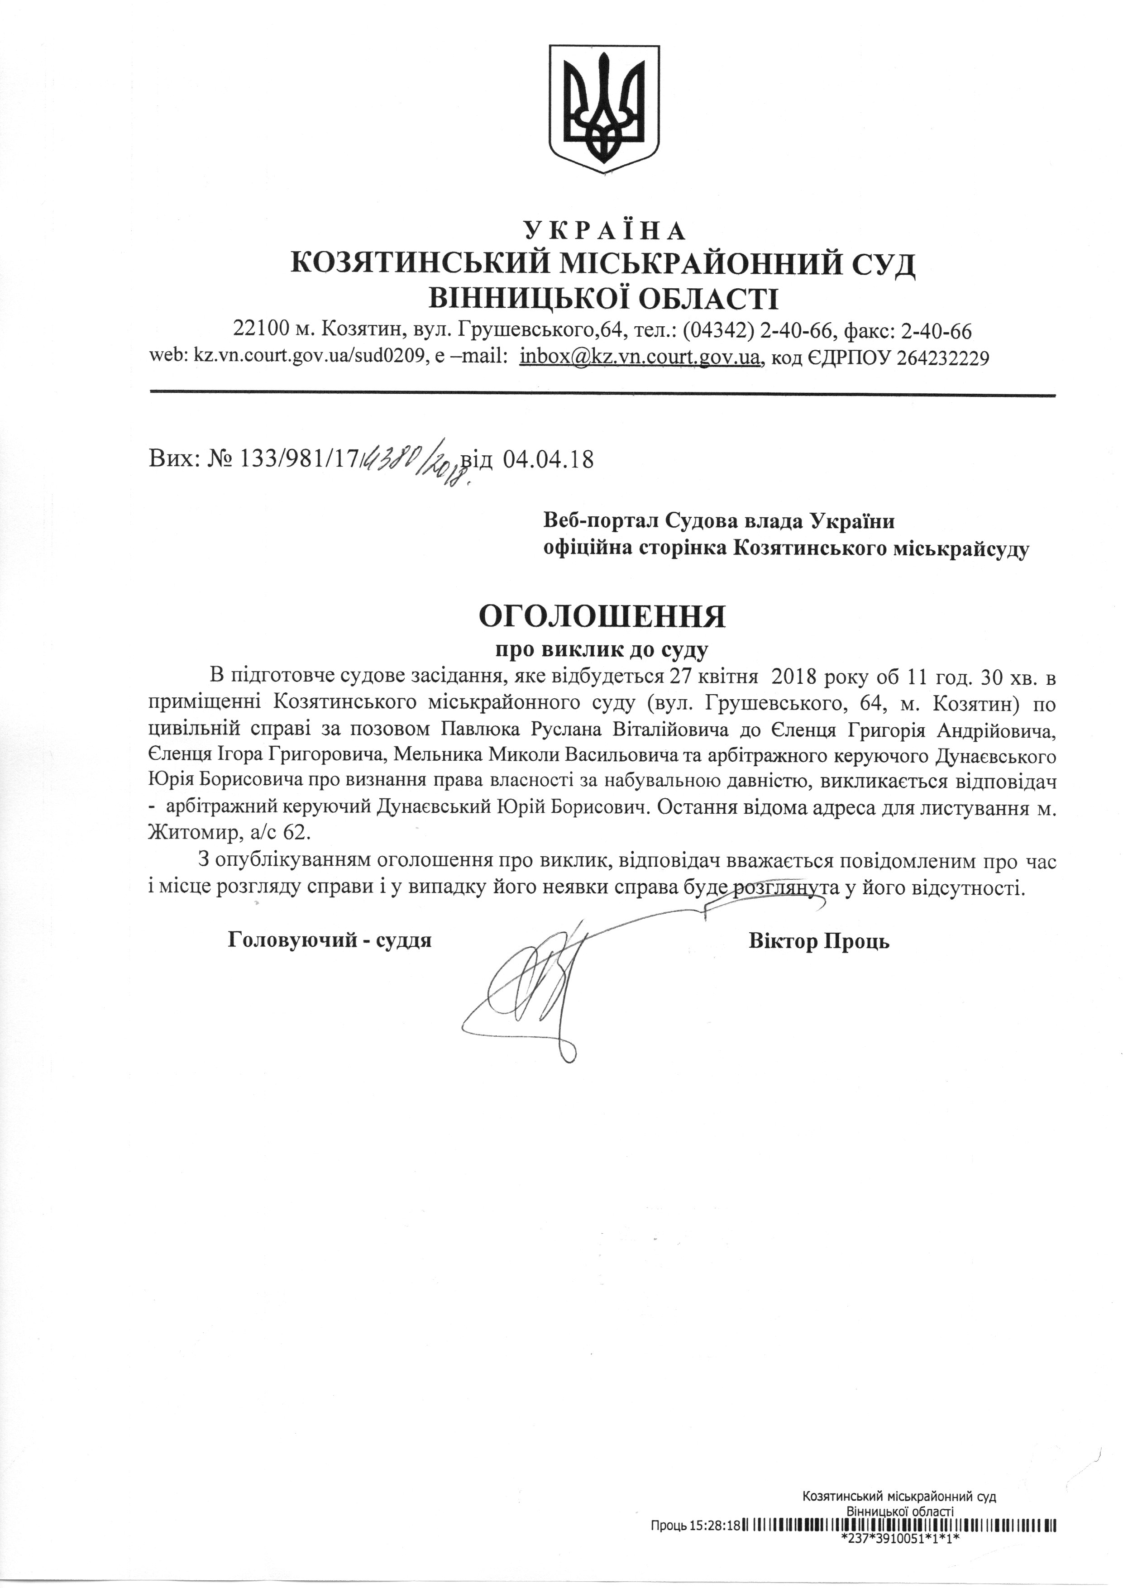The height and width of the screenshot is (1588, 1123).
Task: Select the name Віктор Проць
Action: (x=818, y=941)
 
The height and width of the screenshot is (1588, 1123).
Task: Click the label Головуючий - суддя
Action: (x=330, y=941)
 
